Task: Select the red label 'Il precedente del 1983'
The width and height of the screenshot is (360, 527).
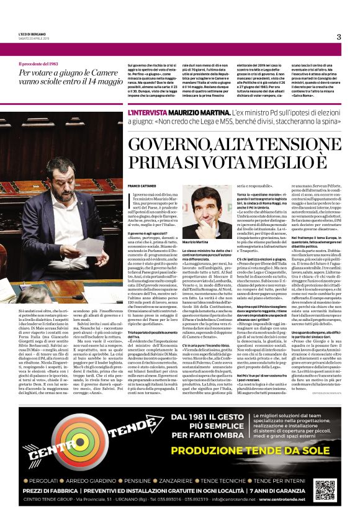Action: point(41,64)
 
